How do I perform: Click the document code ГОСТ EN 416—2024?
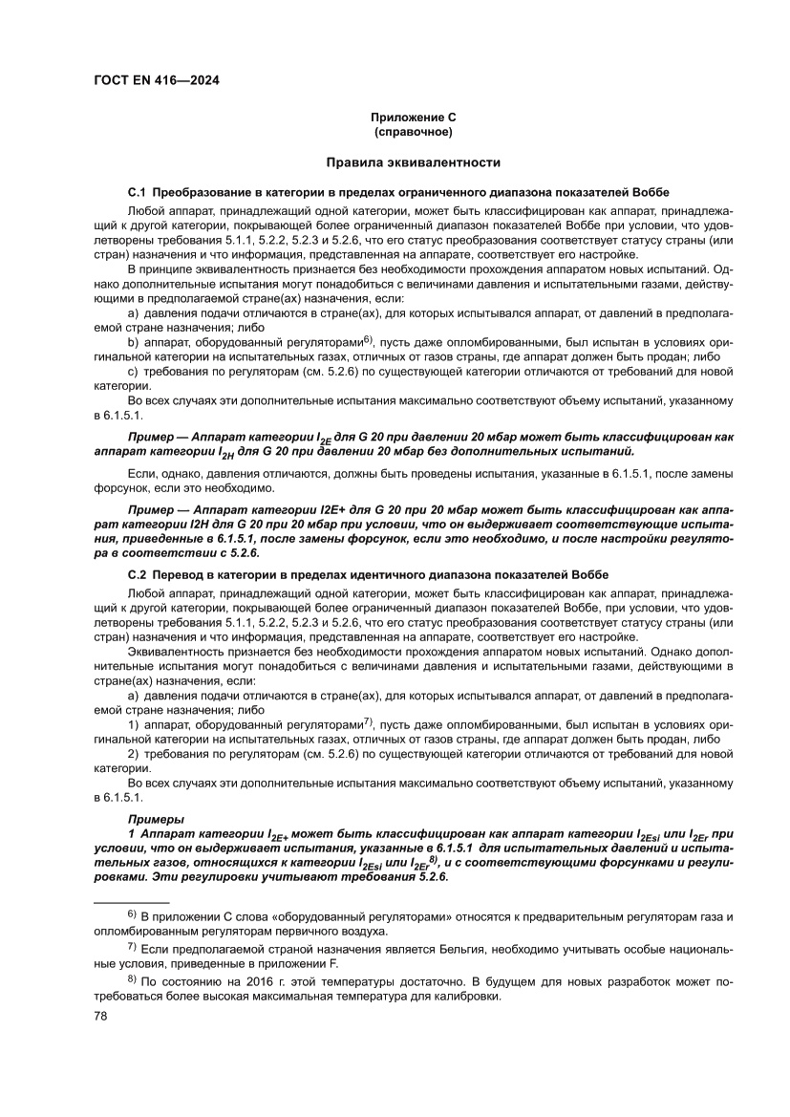click(157, 81)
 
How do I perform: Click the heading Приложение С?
click(413, 117)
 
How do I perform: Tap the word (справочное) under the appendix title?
click(413, 131)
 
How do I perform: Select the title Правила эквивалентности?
click(413, 163)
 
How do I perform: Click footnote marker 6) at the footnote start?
click(133, 915)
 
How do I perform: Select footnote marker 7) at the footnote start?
click(133, 947)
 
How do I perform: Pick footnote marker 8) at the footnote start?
click(133, 979)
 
